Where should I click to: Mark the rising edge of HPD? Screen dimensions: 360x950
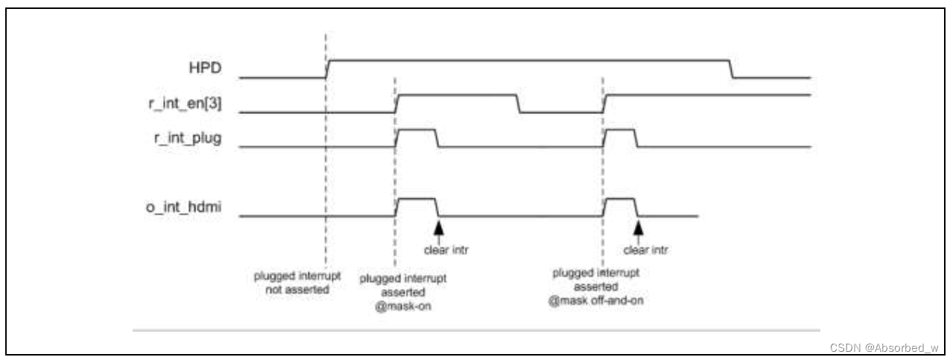[x=328, y=68]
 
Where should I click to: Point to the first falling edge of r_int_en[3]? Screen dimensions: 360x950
[x=519, y=104]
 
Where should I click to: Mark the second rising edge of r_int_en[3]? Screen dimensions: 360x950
[x=606, y=104]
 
